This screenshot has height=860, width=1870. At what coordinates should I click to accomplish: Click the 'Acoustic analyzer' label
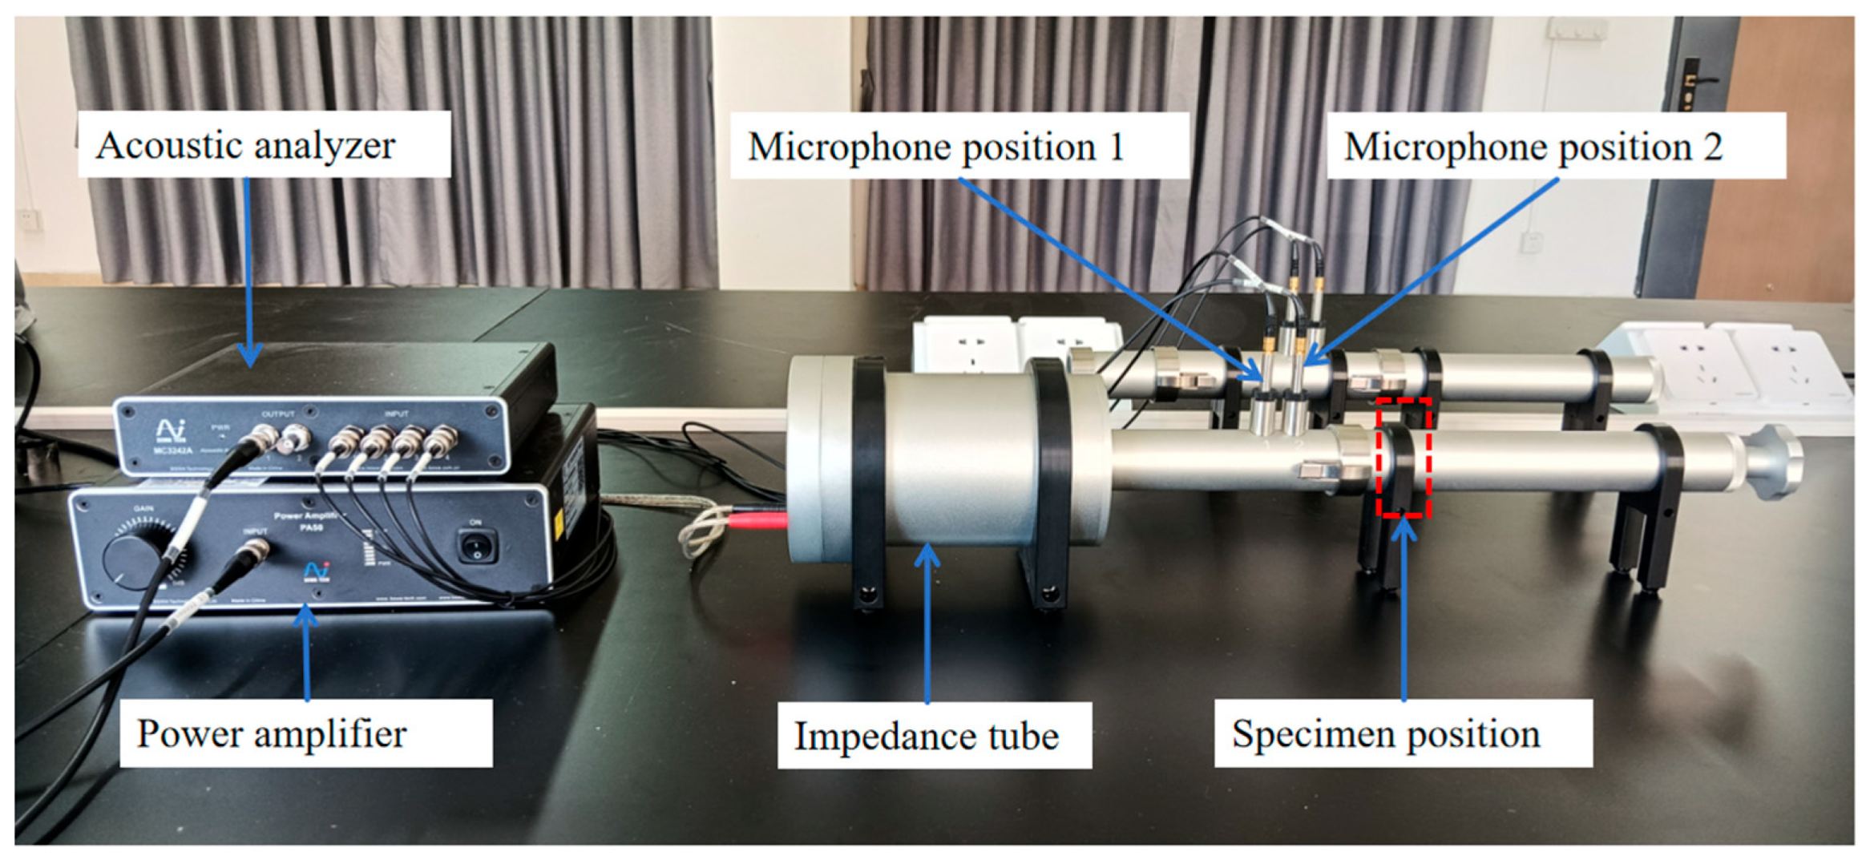[x=245, y=146]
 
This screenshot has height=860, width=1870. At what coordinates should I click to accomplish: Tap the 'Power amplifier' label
[x=272, y=733]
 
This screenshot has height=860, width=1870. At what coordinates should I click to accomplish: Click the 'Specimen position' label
[x=1386, y=733]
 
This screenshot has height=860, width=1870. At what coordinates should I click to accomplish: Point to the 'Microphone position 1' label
[x=935, y=147]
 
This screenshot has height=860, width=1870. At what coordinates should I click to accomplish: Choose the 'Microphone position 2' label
[x=1533, y=147]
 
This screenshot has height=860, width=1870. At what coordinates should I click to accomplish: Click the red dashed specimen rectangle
[x=1404, y=457]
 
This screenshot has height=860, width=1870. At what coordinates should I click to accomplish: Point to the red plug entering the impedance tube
[x=757, y=521]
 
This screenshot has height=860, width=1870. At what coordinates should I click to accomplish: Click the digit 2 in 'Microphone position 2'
[x=1712, y=147]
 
